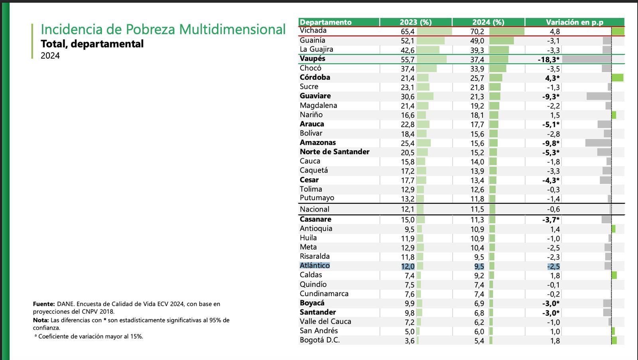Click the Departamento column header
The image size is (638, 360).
pyautogui.click(x=325, y=22)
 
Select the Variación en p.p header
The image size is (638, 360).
pyautogui.click(x=574, y=22)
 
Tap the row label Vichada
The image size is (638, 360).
pyautogui.click(x=313, y=31)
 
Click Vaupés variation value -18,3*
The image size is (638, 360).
pyautogui.click(x=548, y=59)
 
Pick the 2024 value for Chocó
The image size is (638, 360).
pyautogui.click(x=477, y=69)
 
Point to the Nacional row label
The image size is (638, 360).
pyautogui.click(x=315, y=209)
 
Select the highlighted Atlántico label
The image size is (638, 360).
pyautogui.click(x=315, y=266)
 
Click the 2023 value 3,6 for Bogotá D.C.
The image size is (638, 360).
pyautogui.click(x=410, y=341)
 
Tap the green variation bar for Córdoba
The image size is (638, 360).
pyautogui.click(x=617, y=78)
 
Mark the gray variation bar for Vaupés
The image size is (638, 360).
pyautogui.click(x=586, y=59)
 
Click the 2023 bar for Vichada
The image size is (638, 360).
pyautogui.click(x=434, y=31)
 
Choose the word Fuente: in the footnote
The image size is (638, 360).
pyautogui.click(x=43, y=304)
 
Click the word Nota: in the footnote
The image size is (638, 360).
pyautogui.click(x=41, y=320)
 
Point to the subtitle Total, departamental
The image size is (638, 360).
pyautogui.click(x=92, y=44)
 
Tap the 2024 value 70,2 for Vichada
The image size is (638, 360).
pyautogui.click(x=477, y=31)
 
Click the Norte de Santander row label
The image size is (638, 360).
pyautogui.click(x=335, y=152)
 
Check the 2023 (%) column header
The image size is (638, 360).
pyautogui.click(x=415, y=22)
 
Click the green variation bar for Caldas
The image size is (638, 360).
pyautogui.click(x=614, y=275)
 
